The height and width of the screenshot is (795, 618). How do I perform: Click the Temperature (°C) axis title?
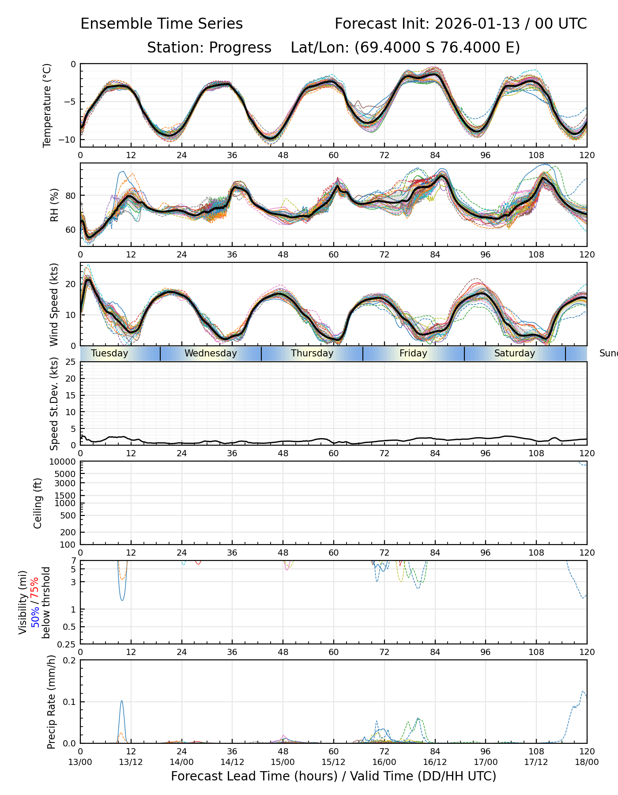(47, 105)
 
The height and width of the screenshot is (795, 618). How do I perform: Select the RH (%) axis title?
(55, 205)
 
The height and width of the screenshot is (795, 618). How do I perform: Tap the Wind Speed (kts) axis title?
(54, 304)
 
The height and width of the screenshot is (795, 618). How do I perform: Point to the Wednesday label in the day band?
(211, 353)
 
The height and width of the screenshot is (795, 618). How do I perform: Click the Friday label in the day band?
(413, 353)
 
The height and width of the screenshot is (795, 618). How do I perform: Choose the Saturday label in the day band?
(514, 353)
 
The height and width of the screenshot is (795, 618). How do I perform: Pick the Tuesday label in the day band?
(109, 353)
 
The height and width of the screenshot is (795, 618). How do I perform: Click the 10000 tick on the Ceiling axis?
(64, 462)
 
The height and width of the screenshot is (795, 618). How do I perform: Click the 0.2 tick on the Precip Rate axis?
(70, 661)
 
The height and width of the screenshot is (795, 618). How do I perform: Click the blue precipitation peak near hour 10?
(122, 701)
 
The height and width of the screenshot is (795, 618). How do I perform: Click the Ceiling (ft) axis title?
(38, 503)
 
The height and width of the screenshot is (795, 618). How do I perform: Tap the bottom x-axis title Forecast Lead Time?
(333, 776)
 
